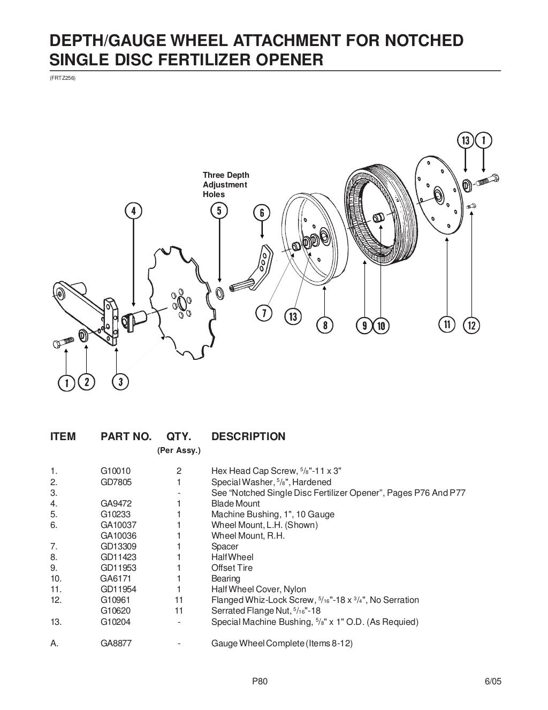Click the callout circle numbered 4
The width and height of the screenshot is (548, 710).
click(133, 211)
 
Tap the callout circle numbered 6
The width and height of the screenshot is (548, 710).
click(262, 213)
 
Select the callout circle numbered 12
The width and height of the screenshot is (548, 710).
click(471, 325)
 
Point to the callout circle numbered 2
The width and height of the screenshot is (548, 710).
click(86, 382)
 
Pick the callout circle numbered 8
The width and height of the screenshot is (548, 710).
click(325, 325)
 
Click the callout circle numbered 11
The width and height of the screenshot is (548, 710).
click(446, 324)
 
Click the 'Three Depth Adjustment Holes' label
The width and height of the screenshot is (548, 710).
click(225, 185)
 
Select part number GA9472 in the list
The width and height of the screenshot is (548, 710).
click(116, 503)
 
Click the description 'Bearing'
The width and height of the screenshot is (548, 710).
click(226, 578)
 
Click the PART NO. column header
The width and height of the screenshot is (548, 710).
click(126, 436)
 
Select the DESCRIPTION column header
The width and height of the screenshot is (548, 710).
click(248, 436)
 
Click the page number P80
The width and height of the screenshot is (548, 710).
click(259, 682)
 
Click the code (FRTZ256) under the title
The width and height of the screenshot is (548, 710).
click(63, 78)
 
